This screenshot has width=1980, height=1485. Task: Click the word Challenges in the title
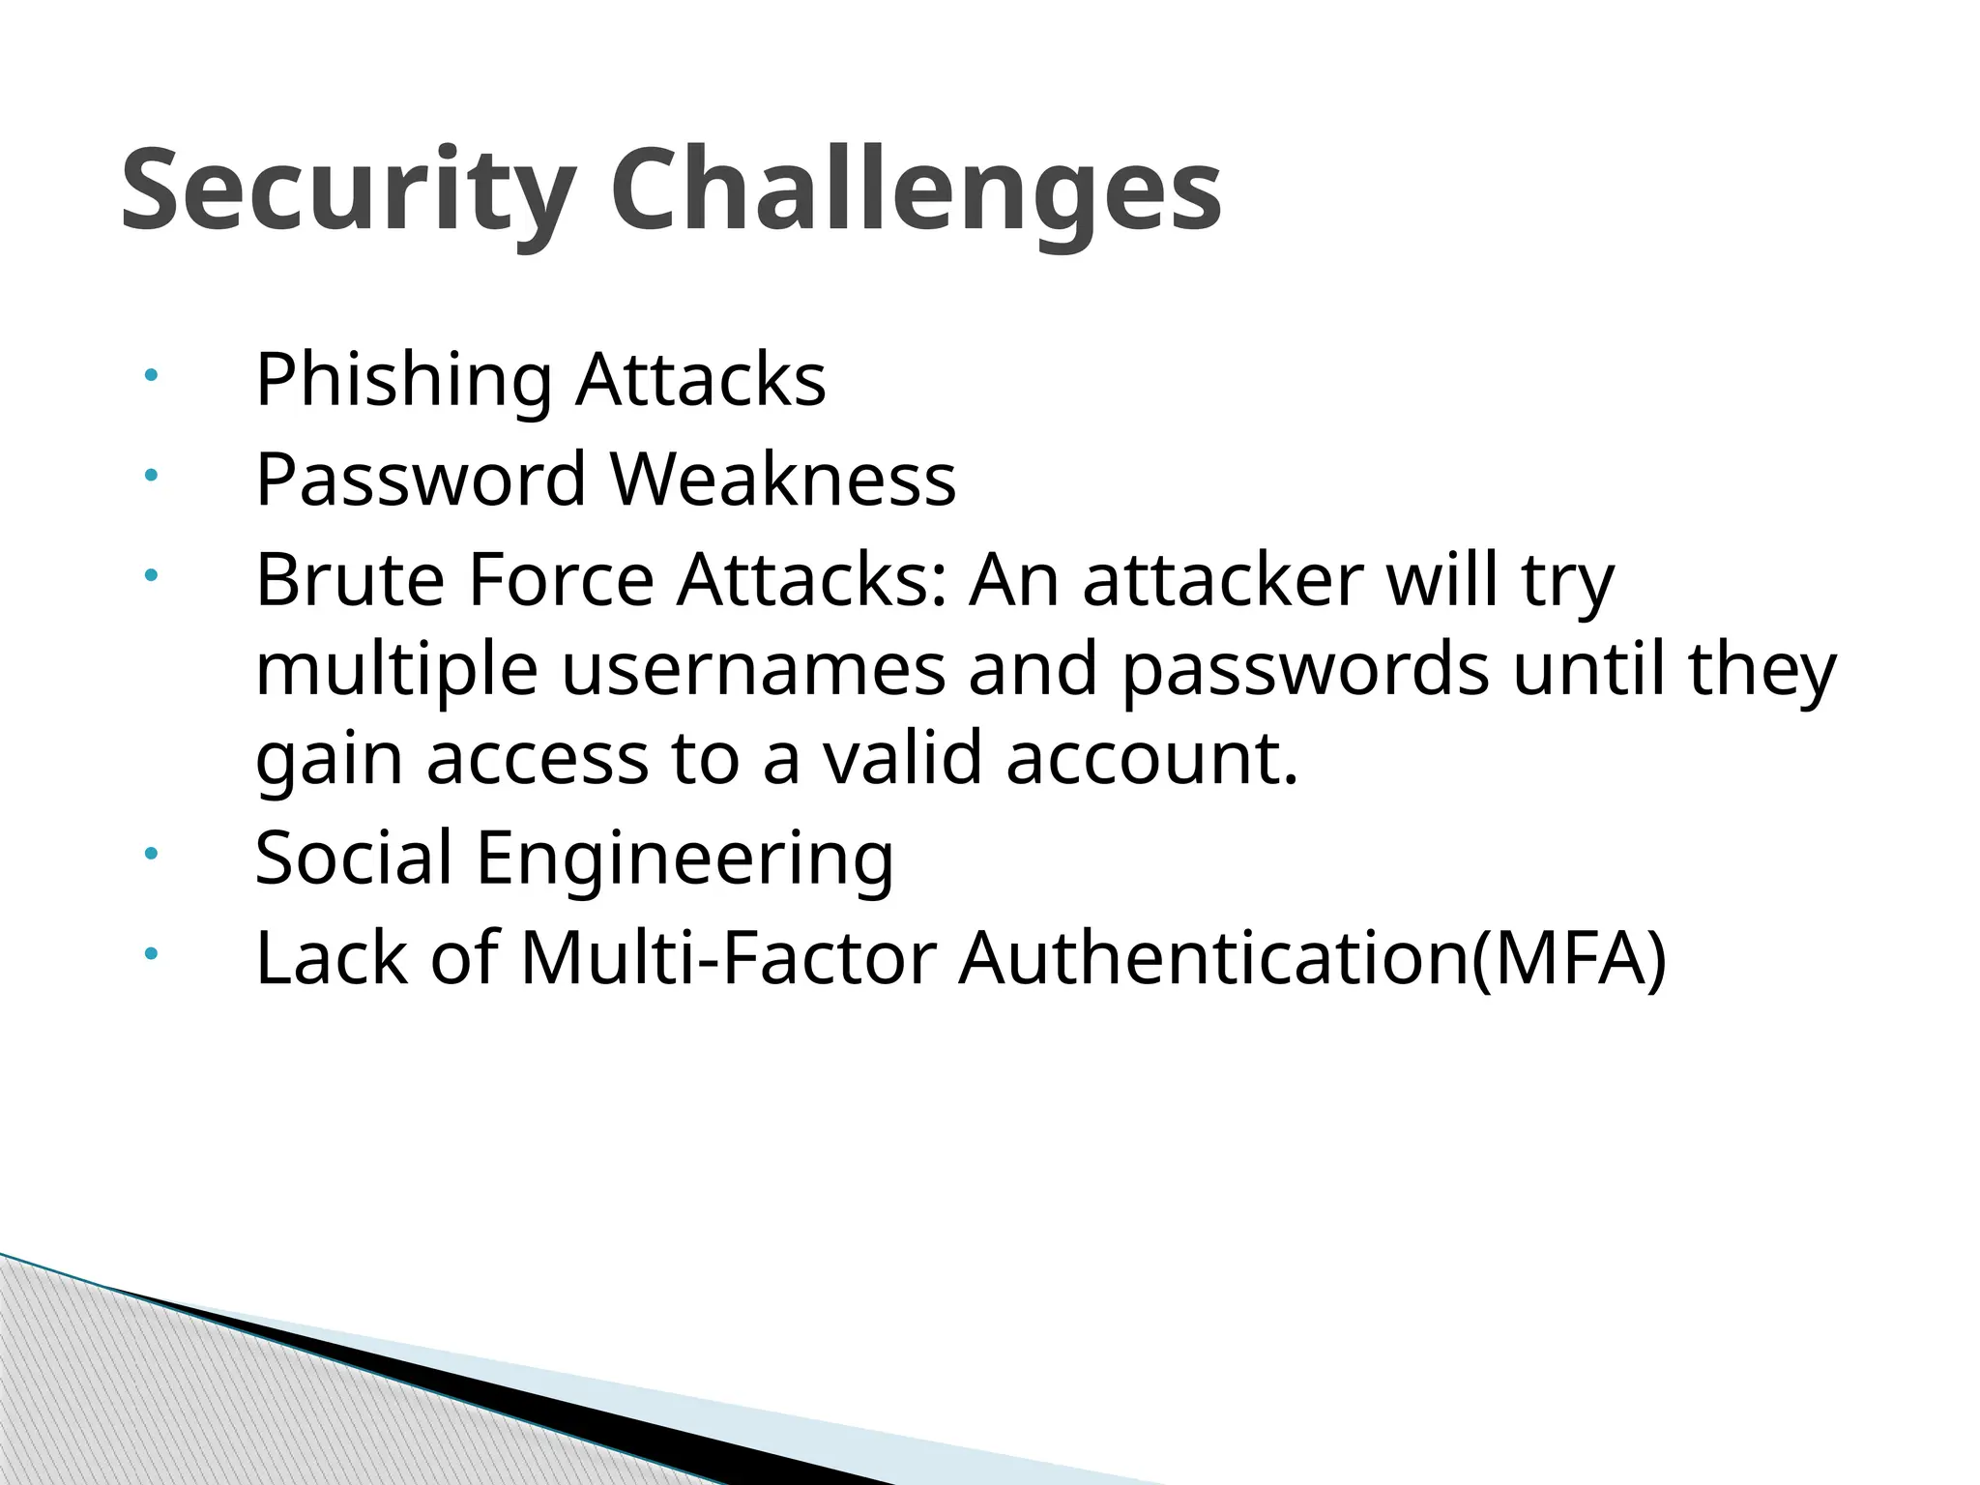pyautogui.click(x=916, y=189)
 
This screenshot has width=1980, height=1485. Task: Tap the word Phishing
pyautogui.click(x=403, y=379)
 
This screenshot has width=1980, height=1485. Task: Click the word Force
pyautogui.click(x=561, y=580)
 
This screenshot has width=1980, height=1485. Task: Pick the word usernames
pyautogui.click(x=753, y=669)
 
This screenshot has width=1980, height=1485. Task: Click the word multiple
pyautogui.click(x=396, y=669)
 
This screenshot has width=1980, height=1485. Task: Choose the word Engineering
pyautogui.click(x=684, y=858)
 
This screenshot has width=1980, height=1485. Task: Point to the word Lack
pyautogui.click(x=332, y=958)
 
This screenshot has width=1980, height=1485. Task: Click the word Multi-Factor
pyautogui.click(x=728, y=958)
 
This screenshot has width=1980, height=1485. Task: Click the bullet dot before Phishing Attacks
pyautogui.click(x=150, y=375)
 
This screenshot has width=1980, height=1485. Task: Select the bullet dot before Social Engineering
pyautogui.click(x=150, y=854)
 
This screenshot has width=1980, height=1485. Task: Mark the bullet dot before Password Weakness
pyautogui.click(x=150, y=475)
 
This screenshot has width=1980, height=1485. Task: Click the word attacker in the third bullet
pyautogui.click(x=1222, y=580)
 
